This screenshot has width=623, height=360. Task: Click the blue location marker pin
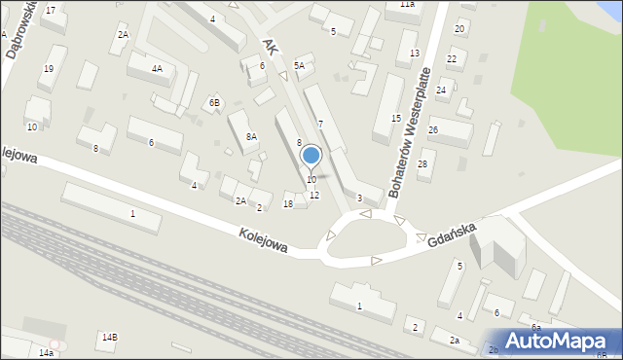pyautogui.click(x=311, y=157)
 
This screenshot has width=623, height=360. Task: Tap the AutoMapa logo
pyautogui.click(x=560, y=341)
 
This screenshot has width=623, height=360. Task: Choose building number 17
pyautogui.click(x=51, y=10)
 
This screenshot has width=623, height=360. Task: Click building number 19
pyautogui.click(x=48, y=69)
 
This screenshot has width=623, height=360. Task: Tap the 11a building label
pyautogui.click(x=407, y=5)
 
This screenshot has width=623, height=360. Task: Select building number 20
pyautogui.click(x=459, y=29)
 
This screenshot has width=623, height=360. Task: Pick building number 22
pyautogui.click(x=451, y=59)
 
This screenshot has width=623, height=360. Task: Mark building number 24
pyautogui.click(x=441, y=90)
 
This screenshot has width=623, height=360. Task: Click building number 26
pyautogui.click(x=433, y=130)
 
